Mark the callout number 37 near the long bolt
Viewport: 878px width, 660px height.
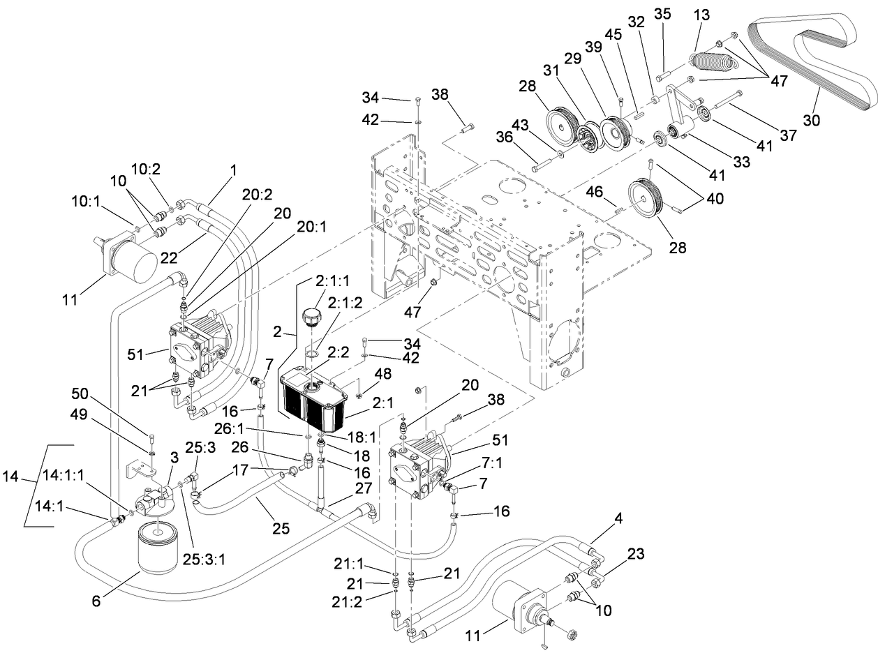point(788,136)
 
